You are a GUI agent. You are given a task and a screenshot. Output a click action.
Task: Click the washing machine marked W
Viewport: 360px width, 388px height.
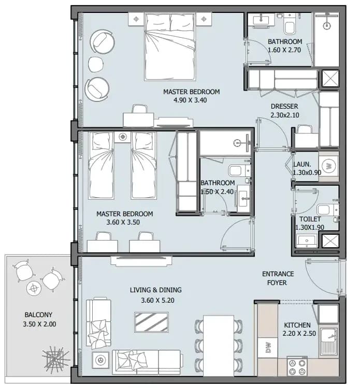point(329,166)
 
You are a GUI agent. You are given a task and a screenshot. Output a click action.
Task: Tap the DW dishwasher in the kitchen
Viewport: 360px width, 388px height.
point(268,348)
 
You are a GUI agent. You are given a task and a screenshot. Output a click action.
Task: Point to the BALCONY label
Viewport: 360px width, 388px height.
point(38,315)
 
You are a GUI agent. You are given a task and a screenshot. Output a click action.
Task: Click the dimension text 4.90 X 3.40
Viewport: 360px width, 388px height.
point(190,100)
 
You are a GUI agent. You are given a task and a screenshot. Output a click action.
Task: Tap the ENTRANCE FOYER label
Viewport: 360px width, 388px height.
point(278,278)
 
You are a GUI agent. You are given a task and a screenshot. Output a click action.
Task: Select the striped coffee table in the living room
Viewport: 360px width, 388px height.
point(152,322)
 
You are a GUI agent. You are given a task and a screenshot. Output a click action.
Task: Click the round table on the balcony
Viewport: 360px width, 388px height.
point(34,288)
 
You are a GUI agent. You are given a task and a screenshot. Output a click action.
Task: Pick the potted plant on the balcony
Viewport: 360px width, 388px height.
point(55,359)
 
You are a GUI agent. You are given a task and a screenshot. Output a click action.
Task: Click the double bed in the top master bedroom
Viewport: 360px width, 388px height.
point(170,47)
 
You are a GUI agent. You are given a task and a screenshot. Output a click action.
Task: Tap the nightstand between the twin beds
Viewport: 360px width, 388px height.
point(122,137)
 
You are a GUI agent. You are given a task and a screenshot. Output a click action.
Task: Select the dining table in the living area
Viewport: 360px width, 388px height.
point(219,346)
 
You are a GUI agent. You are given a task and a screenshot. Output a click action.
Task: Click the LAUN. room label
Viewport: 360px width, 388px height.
point(302,165)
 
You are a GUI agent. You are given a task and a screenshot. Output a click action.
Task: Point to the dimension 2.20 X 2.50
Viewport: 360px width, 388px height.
point(299,334)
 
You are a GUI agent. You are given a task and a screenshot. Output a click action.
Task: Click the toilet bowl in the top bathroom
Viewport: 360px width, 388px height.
point(290,28)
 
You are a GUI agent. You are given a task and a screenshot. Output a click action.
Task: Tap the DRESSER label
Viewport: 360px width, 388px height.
point(284,107)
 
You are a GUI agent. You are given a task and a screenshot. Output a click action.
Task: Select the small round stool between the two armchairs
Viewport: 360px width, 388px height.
point(96,64)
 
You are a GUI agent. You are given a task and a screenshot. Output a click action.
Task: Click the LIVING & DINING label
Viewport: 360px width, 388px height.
point(155,290)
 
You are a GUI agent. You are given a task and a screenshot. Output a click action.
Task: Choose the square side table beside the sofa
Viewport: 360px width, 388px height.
point(100,360)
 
